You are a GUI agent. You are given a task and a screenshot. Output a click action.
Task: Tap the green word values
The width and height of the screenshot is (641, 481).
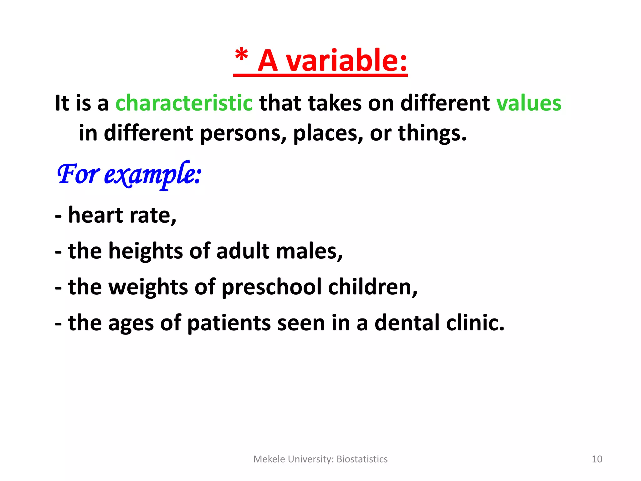pos(529,103)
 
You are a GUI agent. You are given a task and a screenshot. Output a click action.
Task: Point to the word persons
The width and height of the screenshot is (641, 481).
pos(243,133)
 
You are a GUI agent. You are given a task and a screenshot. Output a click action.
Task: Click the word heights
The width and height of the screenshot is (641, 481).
pos(146,251)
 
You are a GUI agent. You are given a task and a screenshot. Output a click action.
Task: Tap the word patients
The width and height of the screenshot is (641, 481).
pos(228,323)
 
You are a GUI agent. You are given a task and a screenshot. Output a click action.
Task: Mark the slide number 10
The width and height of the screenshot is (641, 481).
pos(597,459)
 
